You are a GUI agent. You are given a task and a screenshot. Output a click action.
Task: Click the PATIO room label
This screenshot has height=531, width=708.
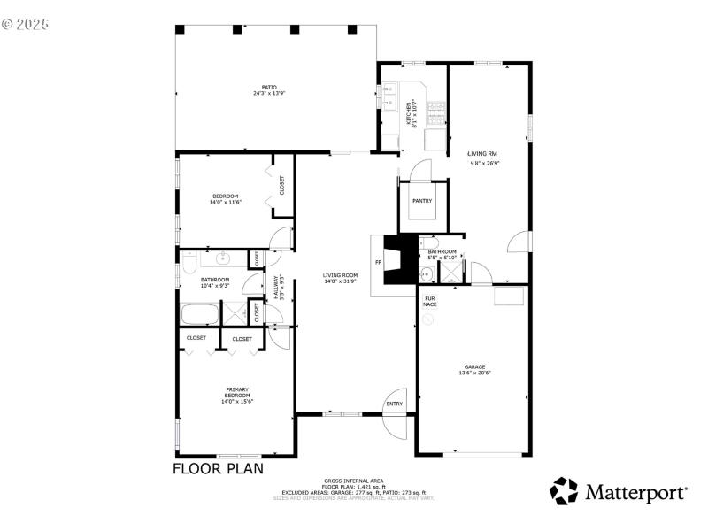(x=269, y=87)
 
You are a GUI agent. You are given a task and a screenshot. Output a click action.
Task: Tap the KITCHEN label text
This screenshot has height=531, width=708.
(x=409, y=113)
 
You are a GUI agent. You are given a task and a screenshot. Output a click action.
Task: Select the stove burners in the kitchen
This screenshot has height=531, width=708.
(x=436, y=112)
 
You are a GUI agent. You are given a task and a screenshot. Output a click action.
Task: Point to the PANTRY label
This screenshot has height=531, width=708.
(x=422, y=201)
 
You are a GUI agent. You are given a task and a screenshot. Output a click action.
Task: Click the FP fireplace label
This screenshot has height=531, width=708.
(x=378, y=263)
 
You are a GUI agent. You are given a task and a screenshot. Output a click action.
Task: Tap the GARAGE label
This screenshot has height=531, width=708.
(x=475, y=366)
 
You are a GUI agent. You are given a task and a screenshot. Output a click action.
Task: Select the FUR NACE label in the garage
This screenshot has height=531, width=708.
(x=430, y=302)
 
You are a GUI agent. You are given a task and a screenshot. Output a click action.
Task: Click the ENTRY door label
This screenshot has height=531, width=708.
(x=394, y=404)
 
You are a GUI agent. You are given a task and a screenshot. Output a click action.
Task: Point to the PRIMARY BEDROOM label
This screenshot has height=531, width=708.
(x=236, y=395)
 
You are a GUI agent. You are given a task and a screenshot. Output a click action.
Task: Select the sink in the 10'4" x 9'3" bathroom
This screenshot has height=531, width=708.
(x=222, y=259)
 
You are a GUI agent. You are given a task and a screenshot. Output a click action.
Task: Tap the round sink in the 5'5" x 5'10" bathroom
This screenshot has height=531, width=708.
(x=423, y=274)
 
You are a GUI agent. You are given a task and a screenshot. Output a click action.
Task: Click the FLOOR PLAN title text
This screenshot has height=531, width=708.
(x=218, y=468)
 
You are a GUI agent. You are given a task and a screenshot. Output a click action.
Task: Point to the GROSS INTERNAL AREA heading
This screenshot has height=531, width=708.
(x=353, y=481)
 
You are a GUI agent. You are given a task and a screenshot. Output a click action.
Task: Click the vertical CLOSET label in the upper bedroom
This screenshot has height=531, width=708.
(x=282, y=185)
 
